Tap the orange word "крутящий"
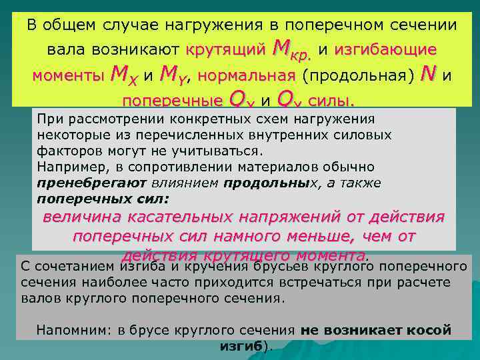point(225,50)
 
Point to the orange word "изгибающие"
point(385,50)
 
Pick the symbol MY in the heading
point(175,75)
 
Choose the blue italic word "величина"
point(84,217)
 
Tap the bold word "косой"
point(430,330)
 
